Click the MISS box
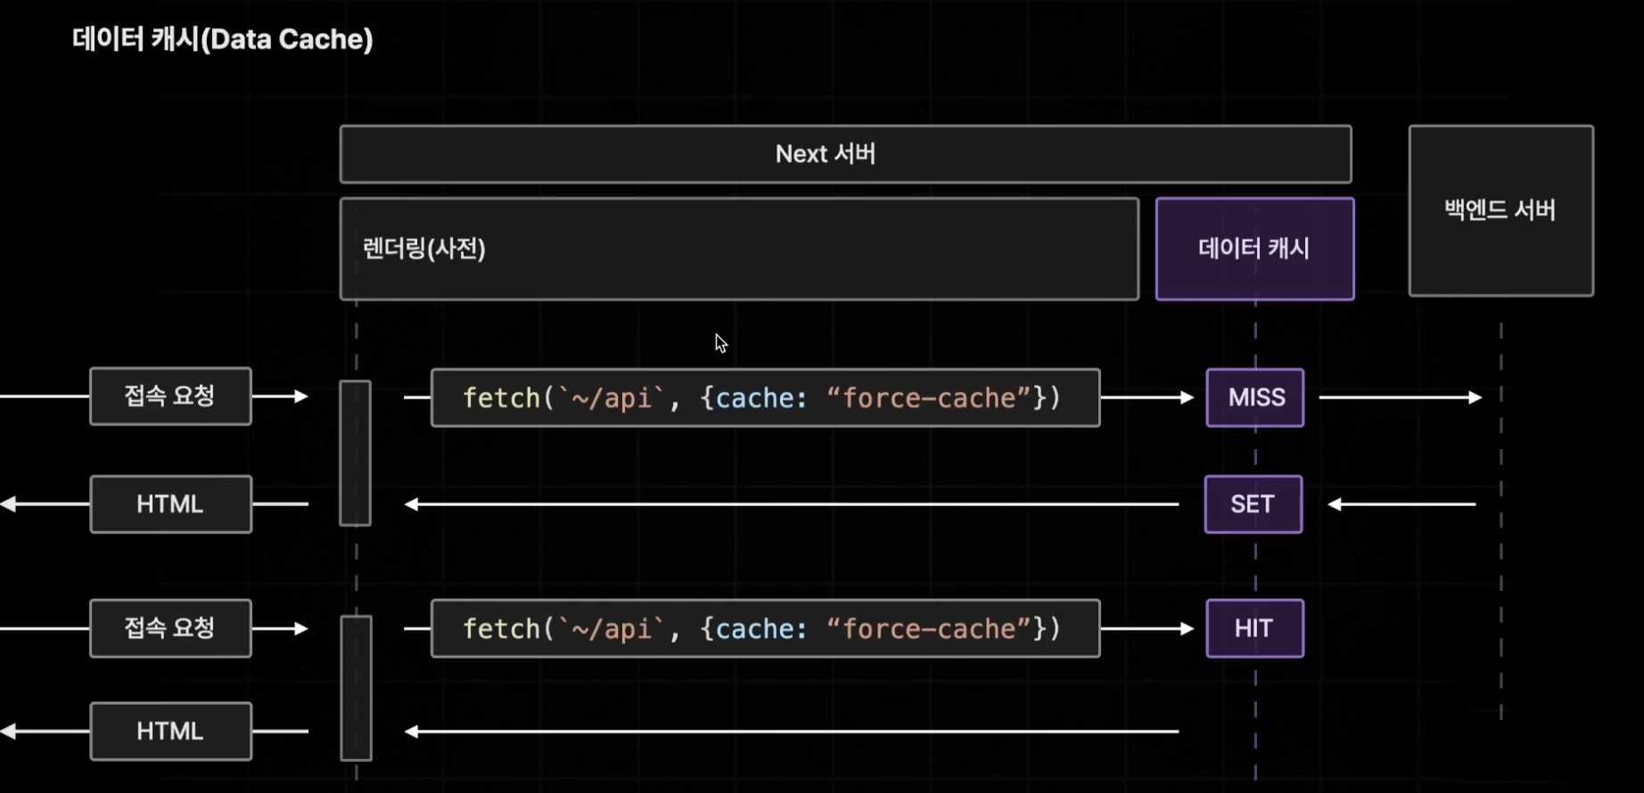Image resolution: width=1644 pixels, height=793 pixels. [x=1255, y=397]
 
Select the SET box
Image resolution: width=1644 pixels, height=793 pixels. [x=1254, y=504]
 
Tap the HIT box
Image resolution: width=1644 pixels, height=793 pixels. [x=1255, y=629]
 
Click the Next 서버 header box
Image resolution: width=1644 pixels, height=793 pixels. [x=845, y=154]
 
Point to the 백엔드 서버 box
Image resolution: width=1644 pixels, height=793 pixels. [x=1501, y=210]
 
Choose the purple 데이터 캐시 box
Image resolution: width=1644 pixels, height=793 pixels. [x=1255, y=249]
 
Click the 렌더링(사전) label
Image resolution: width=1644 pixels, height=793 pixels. [x=424, y=249]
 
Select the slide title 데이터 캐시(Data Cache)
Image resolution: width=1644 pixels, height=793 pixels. [x=223, y=39]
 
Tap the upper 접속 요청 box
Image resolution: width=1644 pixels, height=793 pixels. [x=170, y=396]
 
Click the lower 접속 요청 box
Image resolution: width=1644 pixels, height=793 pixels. [x=170, y=628]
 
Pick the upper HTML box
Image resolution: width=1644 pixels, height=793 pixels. [x=170, y=504]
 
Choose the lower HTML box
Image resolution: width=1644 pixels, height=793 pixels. [x=170, y=732]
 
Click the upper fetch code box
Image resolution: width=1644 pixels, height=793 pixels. [x=765, y=397]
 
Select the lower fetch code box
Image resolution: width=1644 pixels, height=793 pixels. [x=765, y=629]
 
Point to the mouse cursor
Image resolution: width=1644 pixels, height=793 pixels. [x=720, y=343]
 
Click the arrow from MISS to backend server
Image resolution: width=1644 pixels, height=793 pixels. [x=1401, y=397]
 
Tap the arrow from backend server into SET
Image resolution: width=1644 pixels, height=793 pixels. [x=1402, y=504]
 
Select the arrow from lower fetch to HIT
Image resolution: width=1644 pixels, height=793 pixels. [x=1147, y=629]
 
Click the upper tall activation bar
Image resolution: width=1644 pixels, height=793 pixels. [x=355, y=454]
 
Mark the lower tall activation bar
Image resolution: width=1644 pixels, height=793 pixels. [x=356, y=688]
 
